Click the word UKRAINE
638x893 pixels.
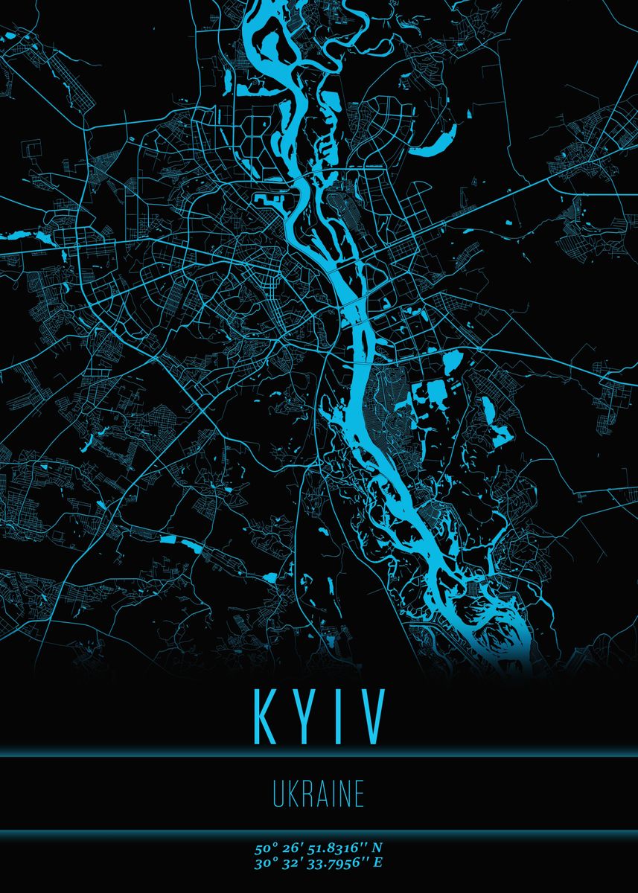(x=319, y=795)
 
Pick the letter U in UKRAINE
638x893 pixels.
(x=278, y=795)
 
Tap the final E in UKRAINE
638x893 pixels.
(x=359, y=795)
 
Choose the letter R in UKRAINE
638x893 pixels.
(x=307, y=795)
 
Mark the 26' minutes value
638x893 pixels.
(x=287, y=848)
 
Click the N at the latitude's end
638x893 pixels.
(x=377, y=848)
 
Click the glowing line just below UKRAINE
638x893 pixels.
(x=319, y=830)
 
